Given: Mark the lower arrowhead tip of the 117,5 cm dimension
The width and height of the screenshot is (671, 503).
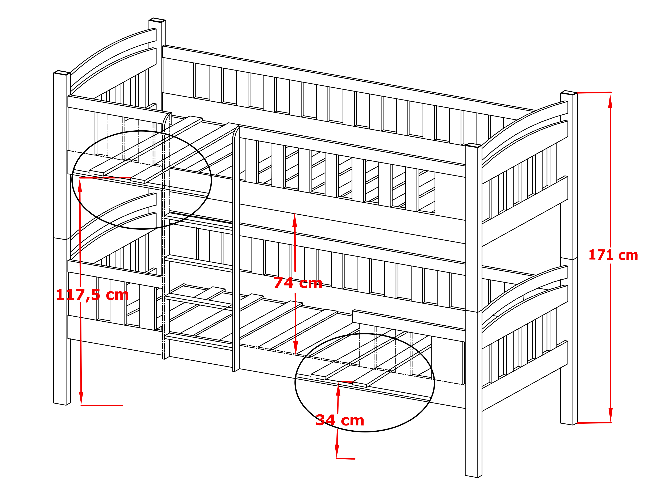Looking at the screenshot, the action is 81,405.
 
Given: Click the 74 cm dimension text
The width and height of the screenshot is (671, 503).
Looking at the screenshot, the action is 298,283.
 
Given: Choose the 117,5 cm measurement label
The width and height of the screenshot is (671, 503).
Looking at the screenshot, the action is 92,295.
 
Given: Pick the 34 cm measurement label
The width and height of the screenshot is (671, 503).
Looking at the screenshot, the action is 340,420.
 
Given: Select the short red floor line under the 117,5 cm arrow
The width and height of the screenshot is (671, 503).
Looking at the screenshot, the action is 102,405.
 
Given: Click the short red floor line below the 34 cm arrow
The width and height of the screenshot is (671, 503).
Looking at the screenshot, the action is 345,458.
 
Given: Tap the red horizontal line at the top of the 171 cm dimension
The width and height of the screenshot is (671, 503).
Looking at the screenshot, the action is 594,92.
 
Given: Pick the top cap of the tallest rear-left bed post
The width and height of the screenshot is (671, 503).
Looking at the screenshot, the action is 157,20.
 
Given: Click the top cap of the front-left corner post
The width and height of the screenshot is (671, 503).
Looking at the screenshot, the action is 62,73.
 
